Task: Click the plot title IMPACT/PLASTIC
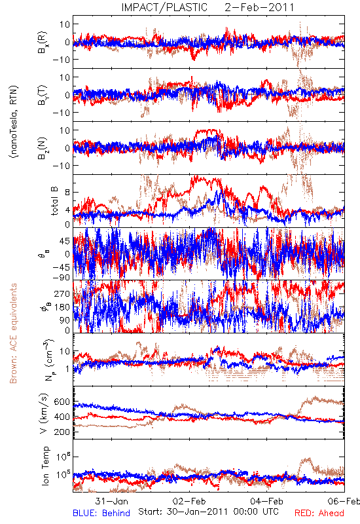pyautogui.click(x=164, y=7)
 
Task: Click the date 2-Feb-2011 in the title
pyautogui.click(x=259, y=7)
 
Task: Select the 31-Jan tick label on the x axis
pyautogui.click(x=111, y=501)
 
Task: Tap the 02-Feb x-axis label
pyautogui.click(x=189, y=501)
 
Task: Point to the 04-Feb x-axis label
pyautogui.click(x=267, y=501)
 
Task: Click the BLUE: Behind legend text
pyautogui.click(x=101, y=513)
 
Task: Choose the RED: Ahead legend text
pyautogui.click(x=319, y=513)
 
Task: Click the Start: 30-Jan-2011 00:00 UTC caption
pyautogui.click(x=208, y=512)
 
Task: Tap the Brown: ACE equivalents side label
pyautogui.click(x=13, y=333)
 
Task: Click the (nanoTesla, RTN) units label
pyautogui.click(x=14, y=122)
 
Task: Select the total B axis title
pyautogui.click(x=54, y=200)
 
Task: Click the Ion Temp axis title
pyautogui.click(x=45, y=466)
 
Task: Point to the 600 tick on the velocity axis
pyautogui.click(x=62, y=402)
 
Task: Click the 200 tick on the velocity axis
pyautogui.click(x=62, y=432)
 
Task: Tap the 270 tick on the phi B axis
pyautogui.click(x=62, y=293)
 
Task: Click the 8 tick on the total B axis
pyautogui.click(x=67, y=193)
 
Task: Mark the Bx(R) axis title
pyautogui.click(x=43, y=43)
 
